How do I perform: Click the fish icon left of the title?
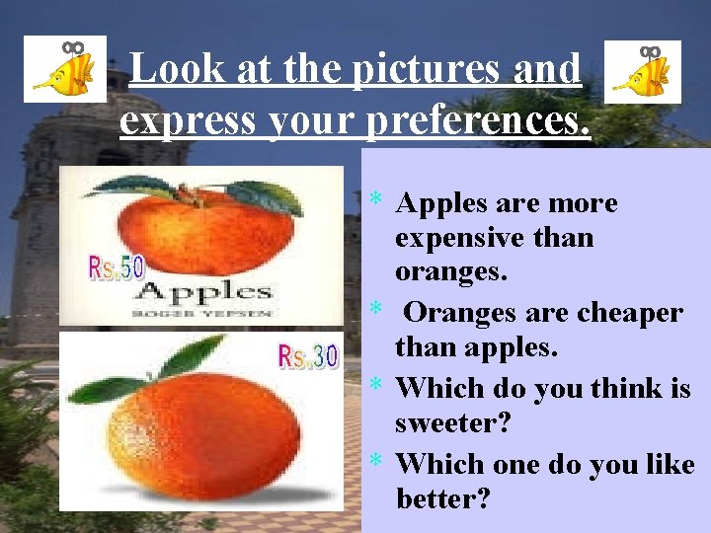point(64,69)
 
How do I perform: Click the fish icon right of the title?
point(642,71)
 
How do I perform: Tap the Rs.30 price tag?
point(308,355)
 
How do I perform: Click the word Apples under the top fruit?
point(202,291)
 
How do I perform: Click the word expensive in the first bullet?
point(459,238)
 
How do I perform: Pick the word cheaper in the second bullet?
point(622,313)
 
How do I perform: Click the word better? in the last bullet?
point(442,498)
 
